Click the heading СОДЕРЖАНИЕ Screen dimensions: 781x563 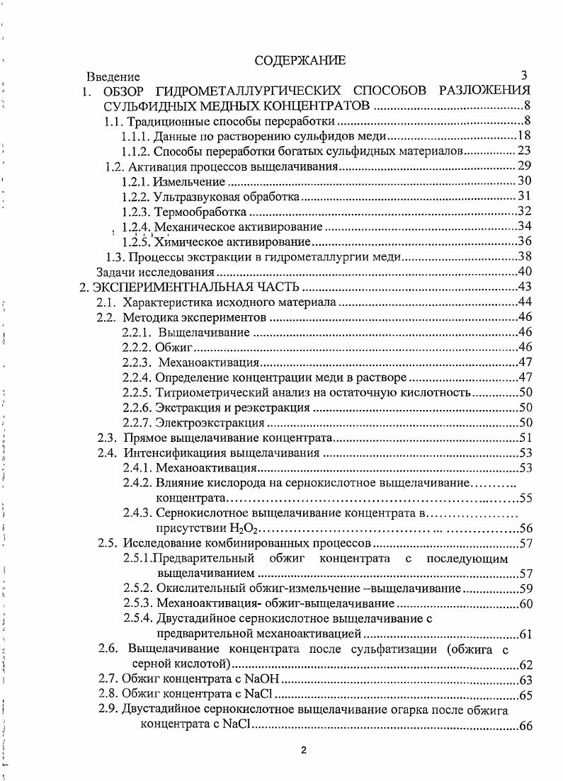tap(300, 61)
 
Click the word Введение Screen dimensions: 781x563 tap(113, 76)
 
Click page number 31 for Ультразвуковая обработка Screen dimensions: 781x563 tap(525, 197)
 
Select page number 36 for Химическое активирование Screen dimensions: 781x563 tap(525, 241)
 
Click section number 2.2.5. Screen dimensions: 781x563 tap(136, 393)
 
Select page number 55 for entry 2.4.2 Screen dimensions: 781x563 tap(525, 498)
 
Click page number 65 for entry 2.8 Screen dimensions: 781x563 tap(525, 695)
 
